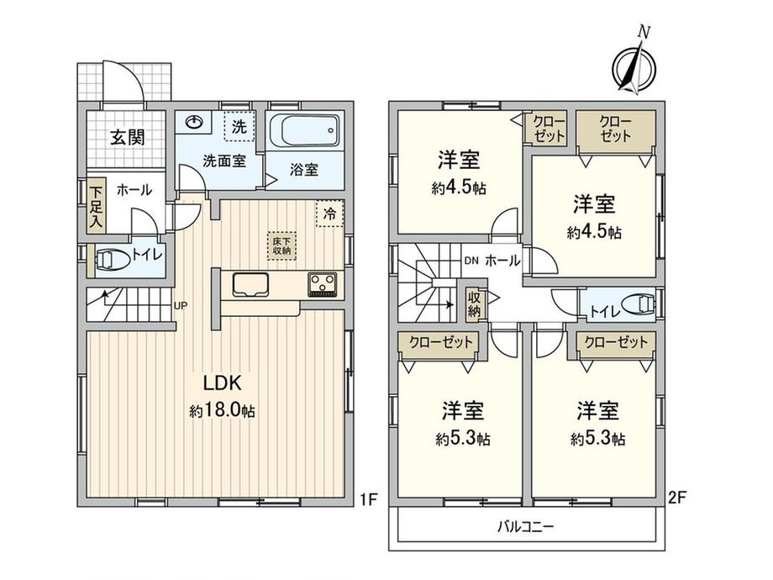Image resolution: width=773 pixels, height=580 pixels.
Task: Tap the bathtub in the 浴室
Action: point(305,130)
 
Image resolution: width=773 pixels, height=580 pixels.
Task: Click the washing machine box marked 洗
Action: point(239,127)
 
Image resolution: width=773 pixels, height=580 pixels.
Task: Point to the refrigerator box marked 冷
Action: point(329,214)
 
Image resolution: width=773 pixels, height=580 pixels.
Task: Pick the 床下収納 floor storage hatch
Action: point(282,245)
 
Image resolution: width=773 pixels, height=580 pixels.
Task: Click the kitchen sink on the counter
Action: point(250,285)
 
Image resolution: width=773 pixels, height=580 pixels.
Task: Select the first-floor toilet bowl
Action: point(113,260)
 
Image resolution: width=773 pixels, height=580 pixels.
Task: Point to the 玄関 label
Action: point(127,138)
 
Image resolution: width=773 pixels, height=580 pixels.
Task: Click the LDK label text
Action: point(222,382)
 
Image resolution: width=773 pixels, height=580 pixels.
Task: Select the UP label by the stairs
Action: point(181,305)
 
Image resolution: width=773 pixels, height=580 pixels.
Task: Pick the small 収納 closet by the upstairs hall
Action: point(474,305)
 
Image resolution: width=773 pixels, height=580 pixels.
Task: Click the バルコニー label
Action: point(525,527)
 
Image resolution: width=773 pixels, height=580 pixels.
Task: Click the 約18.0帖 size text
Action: point(223,410)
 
